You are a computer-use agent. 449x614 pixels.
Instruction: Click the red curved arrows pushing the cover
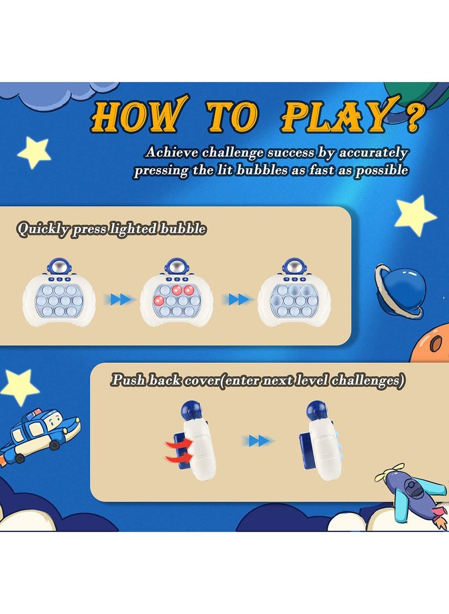point(178,451)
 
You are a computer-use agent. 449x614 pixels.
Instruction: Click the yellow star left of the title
point(34,152)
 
